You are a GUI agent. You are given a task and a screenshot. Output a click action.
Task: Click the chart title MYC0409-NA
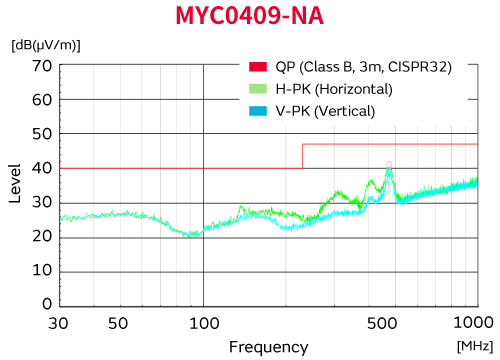tap(250, 17)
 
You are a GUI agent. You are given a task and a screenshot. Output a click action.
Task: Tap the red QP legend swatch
tap(258, 67)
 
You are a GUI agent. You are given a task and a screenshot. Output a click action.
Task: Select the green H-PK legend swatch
tap(258, 89)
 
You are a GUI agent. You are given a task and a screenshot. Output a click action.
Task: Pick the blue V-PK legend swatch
tap(258, 111)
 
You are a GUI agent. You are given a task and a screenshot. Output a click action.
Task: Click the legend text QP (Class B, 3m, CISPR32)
tap(364, 67)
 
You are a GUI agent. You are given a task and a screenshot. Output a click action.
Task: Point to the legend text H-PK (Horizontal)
tap(335, 89)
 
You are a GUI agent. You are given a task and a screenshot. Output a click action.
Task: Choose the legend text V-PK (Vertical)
tap(326, 111)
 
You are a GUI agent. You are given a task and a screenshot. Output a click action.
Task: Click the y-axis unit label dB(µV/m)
tap(46, 45)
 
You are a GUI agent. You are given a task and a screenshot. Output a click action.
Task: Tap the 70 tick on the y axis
tap(41, 66)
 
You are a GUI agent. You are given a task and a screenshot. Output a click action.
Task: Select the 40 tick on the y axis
tap(41, 169)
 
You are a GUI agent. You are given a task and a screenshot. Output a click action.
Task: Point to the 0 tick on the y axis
tap(46, 306)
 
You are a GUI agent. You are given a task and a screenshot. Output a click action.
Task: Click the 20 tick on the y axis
tap(41, 237)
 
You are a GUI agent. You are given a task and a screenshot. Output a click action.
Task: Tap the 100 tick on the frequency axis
tap(204, 323)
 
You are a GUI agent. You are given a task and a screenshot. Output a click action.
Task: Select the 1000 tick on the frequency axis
tap(473, 323)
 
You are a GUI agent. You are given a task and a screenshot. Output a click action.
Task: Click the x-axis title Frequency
tap(268, 346)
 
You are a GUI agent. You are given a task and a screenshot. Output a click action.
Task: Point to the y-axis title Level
tap(15, 185)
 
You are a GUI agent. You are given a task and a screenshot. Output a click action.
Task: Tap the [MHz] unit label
tap(474, 345)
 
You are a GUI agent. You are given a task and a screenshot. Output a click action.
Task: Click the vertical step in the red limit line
tap(302, 156)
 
